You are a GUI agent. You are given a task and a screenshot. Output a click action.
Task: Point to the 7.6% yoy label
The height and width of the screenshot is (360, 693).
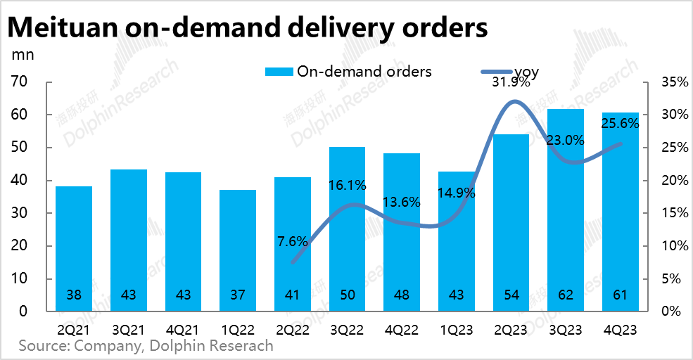[292, 241]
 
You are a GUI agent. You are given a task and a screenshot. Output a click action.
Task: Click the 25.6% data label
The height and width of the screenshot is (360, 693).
[620, 124]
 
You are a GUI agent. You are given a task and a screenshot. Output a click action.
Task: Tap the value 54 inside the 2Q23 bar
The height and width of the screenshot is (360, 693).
[511, 295]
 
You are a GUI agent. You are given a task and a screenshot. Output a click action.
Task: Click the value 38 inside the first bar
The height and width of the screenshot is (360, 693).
[74, 295]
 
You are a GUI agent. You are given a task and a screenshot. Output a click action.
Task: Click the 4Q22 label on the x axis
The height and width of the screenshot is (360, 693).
[402, 328]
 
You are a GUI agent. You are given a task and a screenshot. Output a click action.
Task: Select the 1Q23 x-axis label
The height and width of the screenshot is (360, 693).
[457, 328]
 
